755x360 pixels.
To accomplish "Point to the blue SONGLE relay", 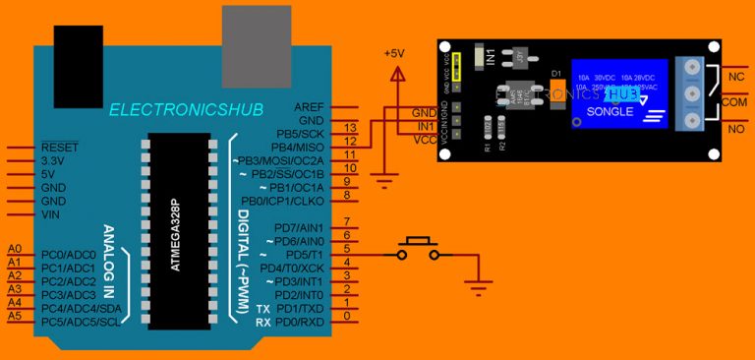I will [619, 94].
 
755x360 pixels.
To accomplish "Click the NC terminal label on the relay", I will [734, 76].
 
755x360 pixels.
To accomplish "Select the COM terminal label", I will [736, 101].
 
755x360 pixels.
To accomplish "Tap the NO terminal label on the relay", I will [734, 128].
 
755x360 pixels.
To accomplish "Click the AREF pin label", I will [310, 106].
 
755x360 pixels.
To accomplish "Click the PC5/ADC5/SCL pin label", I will [84, 322].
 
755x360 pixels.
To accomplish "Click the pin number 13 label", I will [350, 129].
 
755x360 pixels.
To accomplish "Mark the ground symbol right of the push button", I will [478, 287].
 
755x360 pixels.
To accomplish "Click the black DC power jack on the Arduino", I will [79, 54].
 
